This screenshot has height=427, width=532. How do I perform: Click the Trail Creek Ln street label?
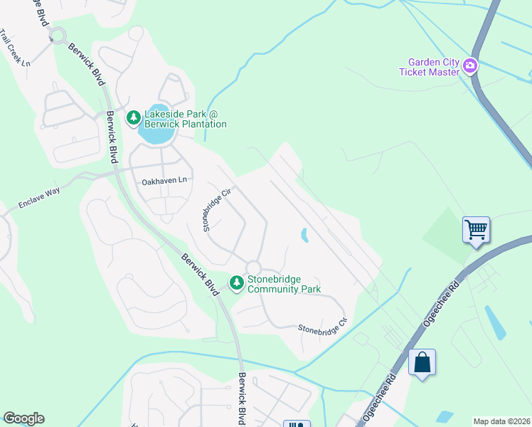[16, 48]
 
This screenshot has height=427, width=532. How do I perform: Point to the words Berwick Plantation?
[186, 124]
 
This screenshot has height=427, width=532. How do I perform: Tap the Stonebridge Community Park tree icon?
[237, 283]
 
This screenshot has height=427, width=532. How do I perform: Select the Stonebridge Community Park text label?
[284, 284]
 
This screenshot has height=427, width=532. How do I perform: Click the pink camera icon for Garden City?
[469, 67]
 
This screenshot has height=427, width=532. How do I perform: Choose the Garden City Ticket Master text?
[430, 67]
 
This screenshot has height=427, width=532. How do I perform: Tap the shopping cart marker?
[476, 230]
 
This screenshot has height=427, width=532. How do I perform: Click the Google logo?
[23, 418]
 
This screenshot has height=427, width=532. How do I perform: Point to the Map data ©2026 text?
[502, 421]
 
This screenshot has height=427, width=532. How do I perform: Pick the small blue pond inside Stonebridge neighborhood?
[305, 235]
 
